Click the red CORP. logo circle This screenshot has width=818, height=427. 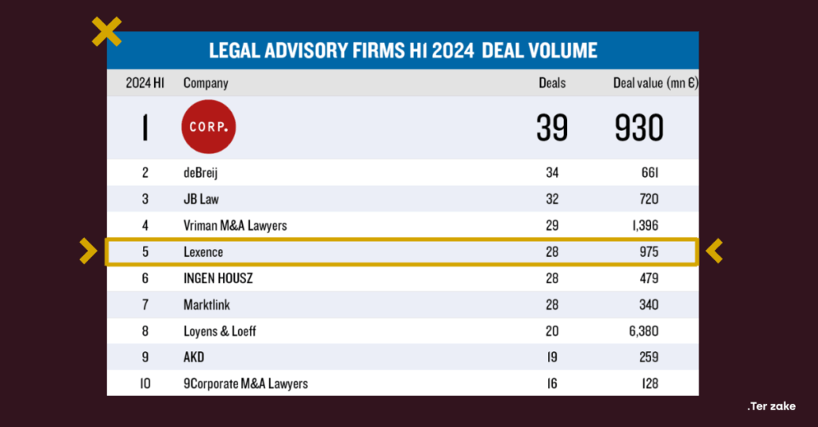coord(208,126)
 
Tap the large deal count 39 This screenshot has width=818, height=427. coord(552,128)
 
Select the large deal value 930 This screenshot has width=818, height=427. coord(639,128)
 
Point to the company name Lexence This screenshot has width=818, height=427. coord(203,252)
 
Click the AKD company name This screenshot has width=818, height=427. coord(194,358)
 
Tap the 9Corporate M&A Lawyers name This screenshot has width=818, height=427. coord(245,384)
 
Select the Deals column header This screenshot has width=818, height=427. coord(552,83)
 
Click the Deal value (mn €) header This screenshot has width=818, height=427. coord(655,83)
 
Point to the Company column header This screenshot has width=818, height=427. coord(205,83)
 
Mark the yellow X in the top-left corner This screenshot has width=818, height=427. coord(107,32)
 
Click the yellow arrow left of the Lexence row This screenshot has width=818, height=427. coord(88,251)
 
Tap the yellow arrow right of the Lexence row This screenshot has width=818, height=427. coord(714,251)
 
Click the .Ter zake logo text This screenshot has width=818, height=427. coord(771,406)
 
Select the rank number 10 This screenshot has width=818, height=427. coord(145,384)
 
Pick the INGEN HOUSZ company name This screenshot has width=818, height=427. coord(219,279)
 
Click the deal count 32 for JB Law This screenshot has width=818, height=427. coord(552,200)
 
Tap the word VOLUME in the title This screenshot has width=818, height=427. coord(562,50)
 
